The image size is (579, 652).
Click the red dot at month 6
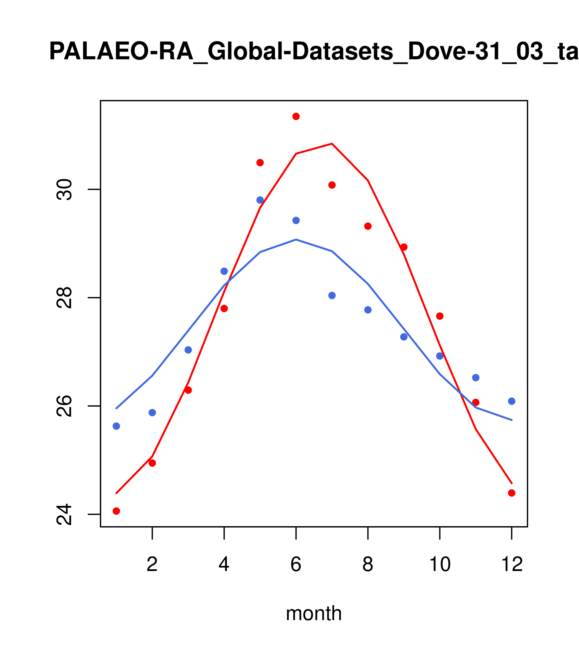[x=296, y=116]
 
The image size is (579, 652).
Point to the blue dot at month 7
[x=332, y=295]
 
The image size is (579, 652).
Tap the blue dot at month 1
[x=116, y=426]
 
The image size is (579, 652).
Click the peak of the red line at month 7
[x=332, y=144]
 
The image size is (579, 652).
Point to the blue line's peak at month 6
[x=296, y=239]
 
